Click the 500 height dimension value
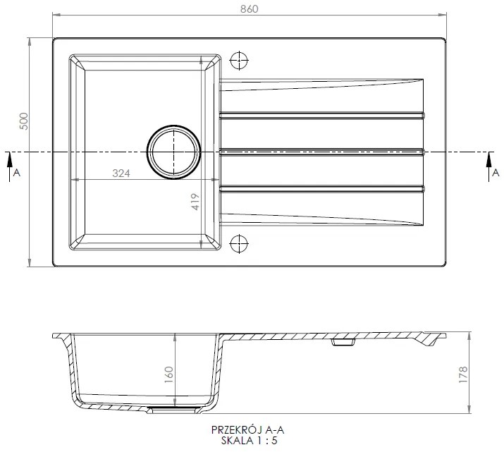click(23, 122)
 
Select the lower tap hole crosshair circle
click(240, 243)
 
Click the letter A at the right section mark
click(495, 172)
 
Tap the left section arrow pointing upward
click(9, 165)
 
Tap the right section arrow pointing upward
click(487, 165)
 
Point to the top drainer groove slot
click(322, 114)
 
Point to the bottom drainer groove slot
click(322, 187)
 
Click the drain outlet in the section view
click(171, 408)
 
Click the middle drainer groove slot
click(322, 149)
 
